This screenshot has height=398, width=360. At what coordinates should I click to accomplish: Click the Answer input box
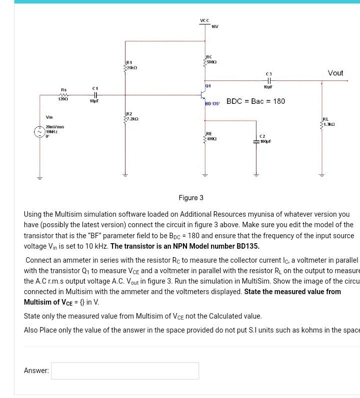pos(125,371)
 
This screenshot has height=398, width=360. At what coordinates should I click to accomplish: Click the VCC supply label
pos(204,20)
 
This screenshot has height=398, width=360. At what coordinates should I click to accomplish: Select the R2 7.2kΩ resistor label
pos(131,117)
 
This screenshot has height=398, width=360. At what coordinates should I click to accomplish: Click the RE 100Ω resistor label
pos(210,135)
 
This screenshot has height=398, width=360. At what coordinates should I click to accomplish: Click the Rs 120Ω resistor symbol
pos(63,95)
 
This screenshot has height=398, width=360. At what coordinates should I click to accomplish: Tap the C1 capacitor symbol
pos(94,95)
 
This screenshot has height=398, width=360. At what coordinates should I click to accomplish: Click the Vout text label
pos(335,73)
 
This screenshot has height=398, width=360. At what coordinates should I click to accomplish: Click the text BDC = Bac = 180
pos(256,101)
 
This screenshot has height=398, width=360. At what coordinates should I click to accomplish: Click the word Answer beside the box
pos(36,371)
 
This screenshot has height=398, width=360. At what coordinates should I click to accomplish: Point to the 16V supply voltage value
pos(215,26)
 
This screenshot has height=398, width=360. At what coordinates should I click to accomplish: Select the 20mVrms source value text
pos(54,127)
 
